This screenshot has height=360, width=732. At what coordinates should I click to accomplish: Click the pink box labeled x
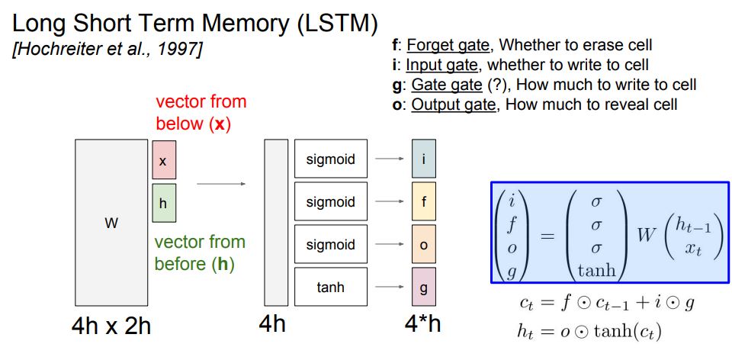coord(164,160)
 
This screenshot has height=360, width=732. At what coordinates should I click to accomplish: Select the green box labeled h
coord(164,203)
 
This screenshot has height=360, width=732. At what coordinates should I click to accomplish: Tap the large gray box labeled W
coord(111,222)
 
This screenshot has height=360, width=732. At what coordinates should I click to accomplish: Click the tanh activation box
coord(330,287)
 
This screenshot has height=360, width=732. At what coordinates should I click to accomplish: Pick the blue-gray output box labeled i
coord(423,159)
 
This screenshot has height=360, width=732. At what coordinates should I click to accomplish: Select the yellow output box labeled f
coord(423,201)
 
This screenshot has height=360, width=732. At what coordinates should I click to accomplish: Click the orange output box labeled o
coord(423,244)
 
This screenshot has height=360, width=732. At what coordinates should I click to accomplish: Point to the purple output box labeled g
coord(423,287)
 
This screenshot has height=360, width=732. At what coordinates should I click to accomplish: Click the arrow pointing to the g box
coord(390,287)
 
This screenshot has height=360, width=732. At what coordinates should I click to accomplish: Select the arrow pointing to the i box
coord(390,159)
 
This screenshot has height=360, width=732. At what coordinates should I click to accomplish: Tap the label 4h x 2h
coord(111,326)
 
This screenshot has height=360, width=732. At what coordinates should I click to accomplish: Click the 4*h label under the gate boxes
coord(422,324)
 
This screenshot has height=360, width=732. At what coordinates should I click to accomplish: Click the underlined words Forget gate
coord(448,45)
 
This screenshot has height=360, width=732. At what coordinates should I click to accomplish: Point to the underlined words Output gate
coord(453,104)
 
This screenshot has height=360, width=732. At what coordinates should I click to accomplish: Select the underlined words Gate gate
coord(447,85)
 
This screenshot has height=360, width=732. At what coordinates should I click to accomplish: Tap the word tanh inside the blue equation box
coord(596,270)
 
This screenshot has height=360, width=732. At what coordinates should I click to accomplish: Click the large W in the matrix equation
coord(647,236)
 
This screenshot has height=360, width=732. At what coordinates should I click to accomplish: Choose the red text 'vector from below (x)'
coord(201,113)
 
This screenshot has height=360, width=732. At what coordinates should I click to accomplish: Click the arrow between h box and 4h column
coord(221,184)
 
